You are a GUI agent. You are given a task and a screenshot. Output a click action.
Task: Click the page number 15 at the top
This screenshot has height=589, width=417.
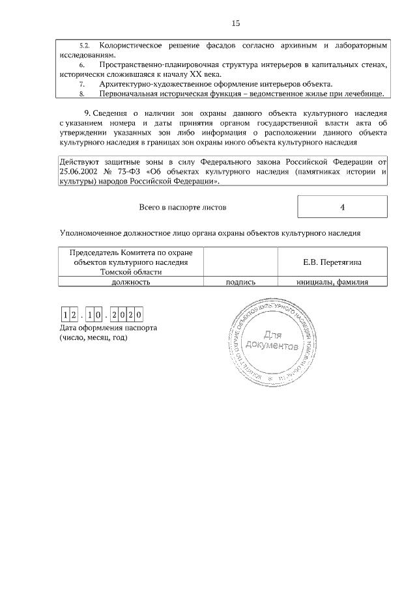pos(235,23)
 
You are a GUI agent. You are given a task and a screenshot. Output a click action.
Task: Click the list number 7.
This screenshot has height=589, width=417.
pos(81,84)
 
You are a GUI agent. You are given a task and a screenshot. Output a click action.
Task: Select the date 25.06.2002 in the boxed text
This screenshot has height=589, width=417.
pos(79,172)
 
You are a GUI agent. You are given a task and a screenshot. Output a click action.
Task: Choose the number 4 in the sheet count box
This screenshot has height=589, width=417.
pos(342,207)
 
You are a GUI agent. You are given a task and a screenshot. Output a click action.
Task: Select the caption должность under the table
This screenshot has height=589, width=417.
pos(131,282)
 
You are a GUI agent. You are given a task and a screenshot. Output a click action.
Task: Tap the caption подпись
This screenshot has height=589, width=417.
pos(240,282)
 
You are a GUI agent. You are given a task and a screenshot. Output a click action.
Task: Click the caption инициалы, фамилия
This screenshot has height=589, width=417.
pos(332,282)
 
